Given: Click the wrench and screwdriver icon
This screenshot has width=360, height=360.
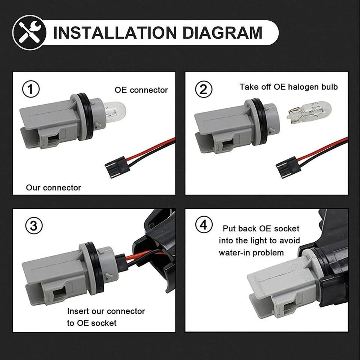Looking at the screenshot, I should pyautogui.click(x=30, y=33).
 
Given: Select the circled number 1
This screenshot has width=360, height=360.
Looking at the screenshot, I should pyautogui.click(x=31, y=90).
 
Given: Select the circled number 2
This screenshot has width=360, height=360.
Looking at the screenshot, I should pyautogui.click(x=204, y=90).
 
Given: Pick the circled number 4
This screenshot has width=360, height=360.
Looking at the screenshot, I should pyautogui.click(x=204, y=226).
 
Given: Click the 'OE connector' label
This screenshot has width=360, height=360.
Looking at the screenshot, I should pyautogui.click(x=141, y=90).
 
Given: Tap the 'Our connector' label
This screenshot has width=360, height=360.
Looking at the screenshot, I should pyautogui.click(x=53, y=187).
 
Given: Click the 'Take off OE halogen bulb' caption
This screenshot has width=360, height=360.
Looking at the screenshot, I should pyautogui.click(x=288, y=87).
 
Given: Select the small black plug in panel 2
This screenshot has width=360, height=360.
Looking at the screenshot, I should pyautogui.click(x=288, y=166).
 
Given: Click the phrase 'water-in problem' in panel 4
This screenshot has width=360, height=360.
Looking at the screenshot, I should pyautogui.click(x=251, y=253).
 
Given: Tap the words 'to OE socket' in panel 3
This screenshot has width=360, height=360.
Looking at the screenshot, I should pyautogui.click(x=92, y=323).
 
